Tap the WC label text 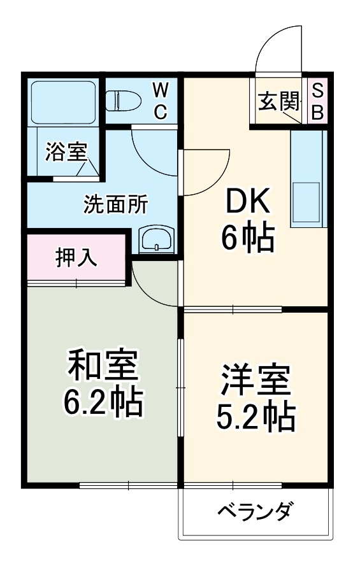160,101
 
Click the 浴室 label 66,152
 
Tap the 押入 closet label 76,257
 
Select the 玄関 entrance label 278,101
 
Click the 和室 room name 101,368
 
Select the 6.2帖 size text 102,401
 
